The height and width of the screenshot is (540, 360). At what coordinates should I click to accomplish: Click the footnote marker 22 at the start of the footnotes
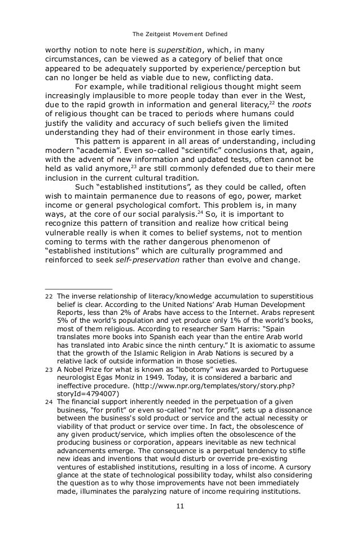click(49, 297)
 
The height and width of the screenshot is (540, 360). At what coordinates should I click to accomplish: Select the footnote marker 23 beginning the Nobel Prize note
click(49, 370)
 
